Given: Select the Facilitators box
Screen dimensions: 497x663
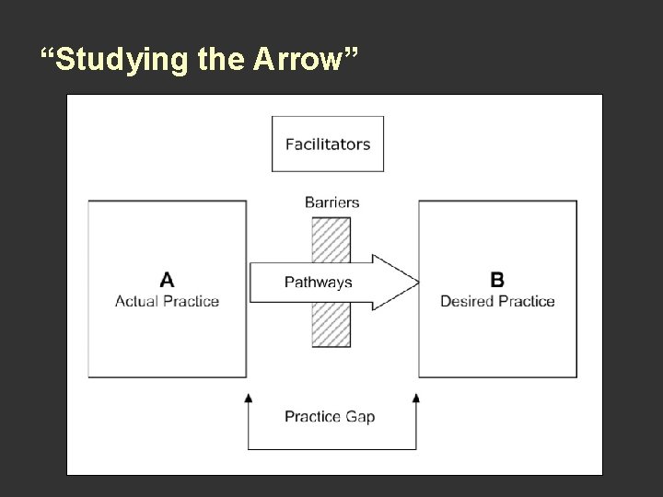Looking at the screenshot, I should pyautogui.click(x=328, y=144).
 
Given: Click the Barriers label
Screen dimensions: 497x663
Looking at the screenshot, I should pyautogui.click(x=331, y=202).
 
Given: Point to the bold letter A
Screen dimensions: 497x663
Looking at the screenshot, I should pyautogui.click(x=167, y=279).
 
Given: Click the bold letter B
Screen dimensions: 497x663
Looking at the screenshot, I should pyautogui.click(x=497, y=279).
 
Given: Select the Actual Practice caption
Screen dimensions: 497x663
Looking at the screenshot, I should pyautogui.click(x=167, y=301).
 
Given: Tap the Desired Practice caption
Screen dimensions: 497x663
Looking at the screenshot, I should pyautogui.click(x=497, y=301).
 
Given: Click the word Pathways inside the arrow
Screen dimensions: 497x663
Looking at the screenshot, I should pyautogui.click(x=318, y=282).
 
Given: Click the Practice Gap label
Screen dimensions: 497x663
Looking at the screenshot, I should pyautogui.click(x=330, y=416).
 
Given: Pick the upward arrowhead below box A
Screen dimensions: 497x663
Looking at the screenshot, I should pyautogui.click(x=248, y=398).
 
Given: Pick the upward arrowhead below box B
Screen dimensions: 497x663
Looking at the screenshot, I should pyautogui.click(x=416, y=398).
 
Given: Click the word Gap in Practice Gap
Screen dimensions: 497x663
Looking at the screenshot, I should pyautogui.click(x=359, y=416).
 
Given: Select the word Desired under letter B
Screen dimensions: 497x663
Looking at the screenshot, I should pyautogui.click(x=468, y=301).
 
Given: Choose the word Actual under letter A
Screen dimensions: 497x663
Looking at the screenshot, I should pyautogui.click(x=136, y=301).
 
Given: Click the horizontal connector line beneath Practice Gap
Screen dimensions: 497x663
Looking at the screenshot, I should pyautogui.click(x=331, y=449).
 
